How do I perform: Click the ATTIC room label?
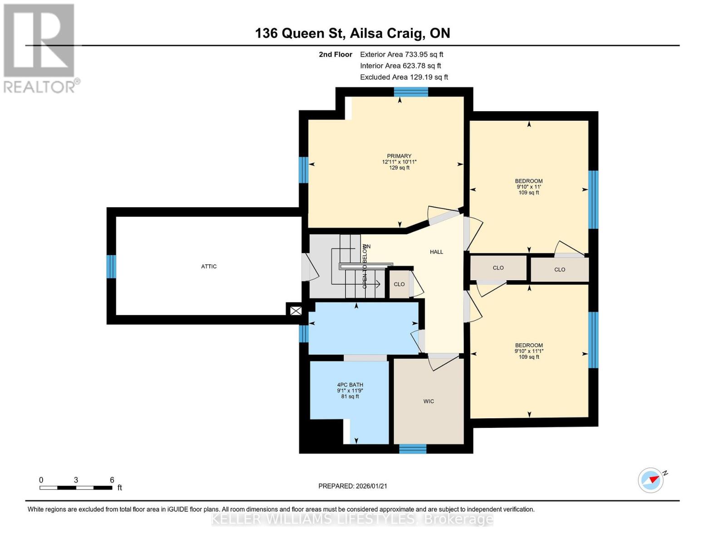209,267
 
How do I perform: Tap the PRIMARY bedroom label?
399,156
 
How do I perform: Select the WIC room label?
429,401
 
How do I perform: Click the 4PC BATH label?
350,385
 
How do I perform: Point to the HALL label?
436,252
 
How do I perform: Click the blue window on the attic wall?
111,267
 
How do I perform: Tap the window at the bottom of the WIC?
413,449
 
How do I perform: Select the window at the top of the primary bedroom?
411,92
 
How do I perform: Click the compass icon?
651,480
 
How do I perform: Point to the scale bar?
76,488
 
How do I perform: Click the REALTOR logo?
40,48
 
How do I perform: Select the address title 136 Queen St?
352,33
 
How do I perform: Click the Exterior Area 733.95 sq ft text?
401,54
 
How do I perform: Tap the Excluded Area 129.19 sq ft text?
404,77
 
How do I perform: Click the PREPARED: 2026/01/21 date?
353,486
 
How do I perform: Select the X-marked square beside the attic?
296,311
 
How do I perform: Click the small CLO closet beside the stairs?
399,284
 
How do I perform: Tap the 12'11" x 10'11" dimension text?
399,162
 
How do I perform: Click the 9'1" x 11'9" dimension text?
350,391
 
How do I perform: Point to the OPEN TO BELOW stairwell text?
365,267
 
